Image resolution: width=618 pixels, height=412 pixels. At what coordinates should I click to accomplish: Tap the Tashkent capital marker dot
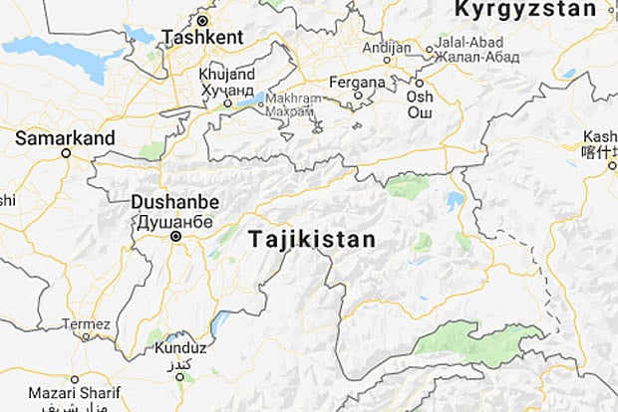click(x=202, y=20)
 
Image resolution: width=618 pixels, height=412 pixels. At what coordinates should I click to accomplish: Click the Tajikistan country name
click(x=312, y=240)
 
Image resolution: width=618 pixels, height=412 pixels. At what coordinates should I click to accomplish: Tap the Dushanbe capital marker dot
click(x=175, y=237)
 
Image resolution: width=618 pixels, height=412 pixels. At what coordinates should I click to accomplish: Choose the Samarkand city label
click(x=66, y=138)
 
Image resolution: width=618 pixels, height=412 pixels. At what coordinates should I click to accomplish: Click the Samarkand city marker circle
click(x=66, y=153)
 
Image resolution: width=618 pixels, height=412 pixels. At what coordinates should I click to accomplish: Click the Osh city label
click(x=419, y=97)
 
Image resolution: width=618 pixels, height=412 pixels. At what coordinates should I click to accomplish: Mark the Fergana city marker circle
click(x=357, y=96)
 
